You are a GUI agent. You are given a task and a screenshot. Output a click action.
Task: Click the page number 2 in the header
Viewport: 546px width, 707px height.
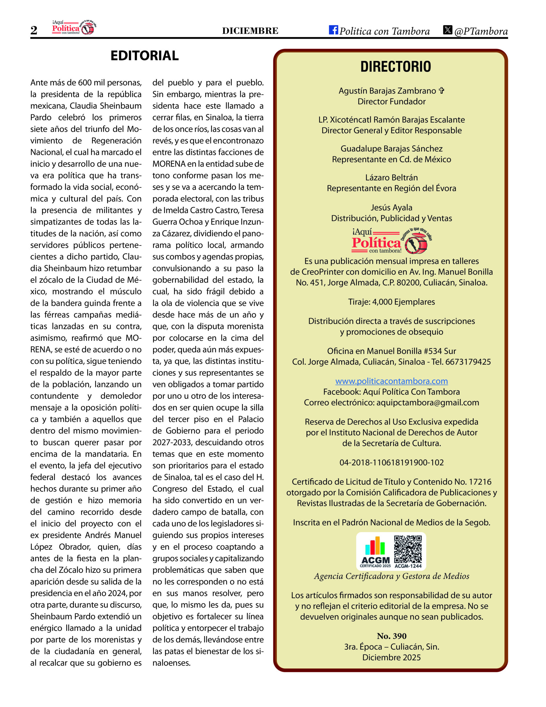coord(34,30)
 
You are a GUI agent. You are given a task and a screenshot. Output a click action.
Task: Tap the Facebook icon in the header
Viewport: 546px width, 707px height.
coord(333,30)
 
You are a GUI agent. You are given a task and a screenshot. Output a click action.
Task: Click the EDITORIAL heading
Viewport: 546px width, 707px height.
coord(144,56)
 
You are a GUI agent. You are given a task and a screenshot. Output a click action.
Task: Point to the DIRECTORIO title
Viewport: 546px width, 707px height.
coord(396,67)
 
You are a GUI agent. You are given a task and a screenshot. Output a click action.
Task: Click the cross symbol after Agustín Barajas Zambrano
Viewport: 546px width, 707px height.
coord(441,91)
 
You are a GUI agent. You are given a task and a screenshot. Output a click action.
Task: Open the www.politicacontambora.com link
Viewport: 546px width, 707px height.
coord(391,381)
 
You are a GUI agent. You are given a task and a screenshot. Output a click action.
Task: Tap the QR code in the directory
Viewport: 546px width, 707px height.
coord(408,549)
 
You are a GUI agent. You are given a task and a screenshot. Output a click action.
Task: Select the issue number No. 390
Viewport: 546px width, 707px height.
coord(391,636)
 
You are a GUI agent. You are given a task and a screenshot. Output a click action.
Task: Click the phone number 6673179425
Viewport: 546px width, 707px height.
coord(468,362)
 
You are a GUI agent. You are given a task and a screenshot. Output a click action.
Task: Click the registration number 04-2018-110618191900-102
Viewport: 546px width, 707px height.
coord(391,462)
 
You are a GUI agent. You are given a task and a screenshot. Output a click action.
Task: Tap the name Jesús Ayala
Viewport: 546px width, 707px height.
coord(391,207)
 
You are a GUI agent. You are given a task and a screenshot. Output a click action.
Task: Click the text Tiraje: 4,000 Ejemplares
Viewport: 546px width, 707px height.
coord(391,302)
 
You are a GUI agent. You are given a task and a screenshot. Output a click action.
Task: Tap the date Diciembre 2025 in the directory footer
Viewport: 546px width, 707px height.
coord(391,658)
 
